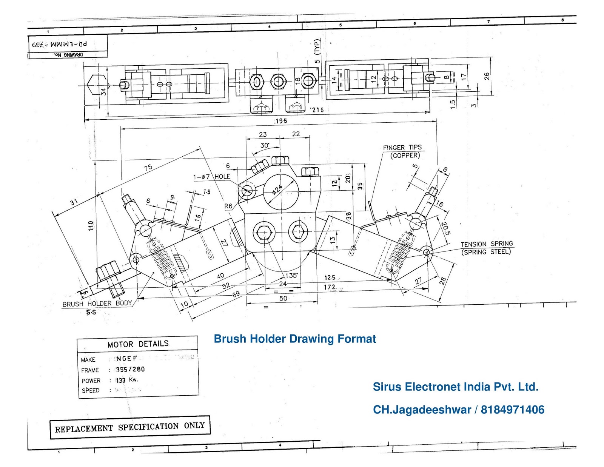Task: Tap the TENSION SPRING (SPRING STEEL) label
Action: point(487,248)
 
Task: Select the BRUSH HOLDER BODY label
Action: point(97,304)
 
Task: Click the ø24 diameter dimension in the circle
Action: point(278,189)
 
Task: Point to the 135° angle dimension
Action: point(291,275)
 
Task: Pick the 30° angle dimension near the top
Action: point(265,145)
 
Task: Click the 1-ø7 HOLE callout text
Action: point(211,177)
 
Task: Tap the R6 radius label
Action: point(228,206)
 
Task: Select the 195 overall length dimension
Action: point(281,121)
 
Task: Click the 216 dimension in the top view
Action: point(317,110)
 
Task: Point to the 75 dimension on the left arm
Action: point(148,167)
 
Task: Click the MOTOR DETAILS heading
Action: point(138,344)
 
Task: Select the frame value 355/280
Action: point(130,369)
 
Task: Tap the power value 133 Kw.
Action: point(127,380)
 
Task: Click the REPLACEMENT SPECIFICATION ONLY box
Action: point(130,427)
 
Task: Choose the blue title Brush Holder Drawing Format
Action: point(294,339)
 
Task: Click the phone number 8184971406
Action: point(512,410)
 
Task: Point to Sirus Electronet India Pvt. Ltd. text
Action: point(455,387)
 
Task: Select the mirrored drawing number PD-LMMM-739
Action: point(60,44)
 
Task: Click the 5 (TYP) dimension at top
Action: point(317,51)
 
